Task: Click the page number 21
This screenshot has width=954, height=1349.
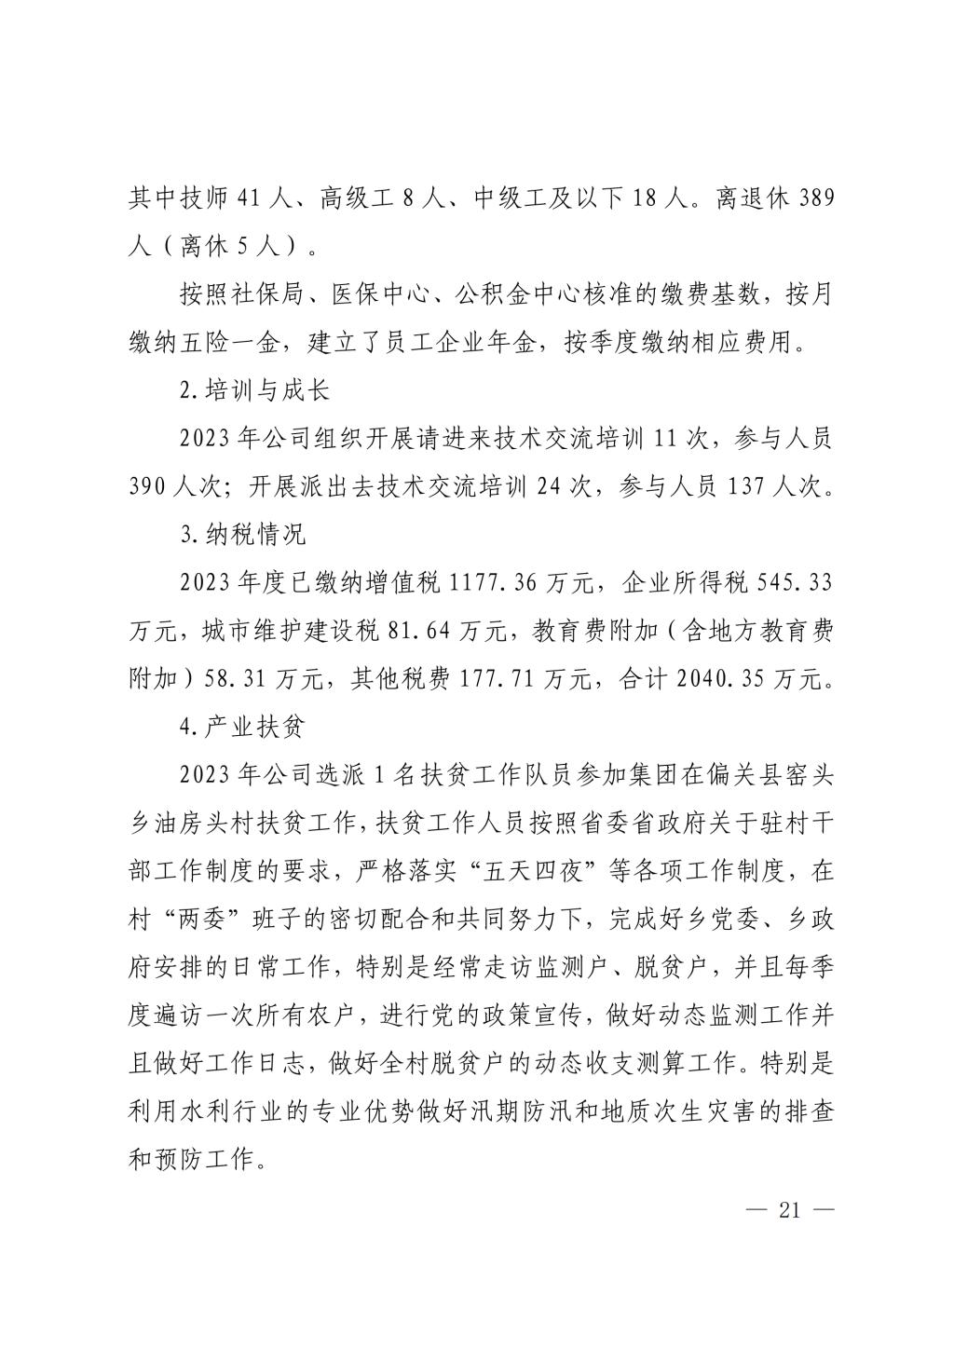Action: pos(789,1210)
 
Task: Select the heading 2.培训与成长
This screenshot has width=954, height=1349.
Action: pos(254,391)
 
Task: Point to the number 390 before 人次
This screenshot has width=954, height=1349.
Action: pos(149,487)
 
